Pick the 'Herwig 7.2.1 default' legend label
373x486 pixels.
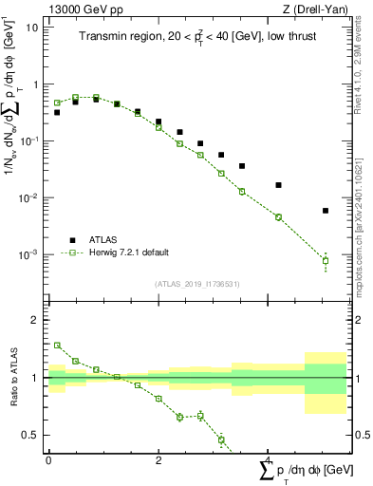click(x=129, y=252)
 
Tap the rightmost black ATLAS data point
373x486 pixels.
click(x=326, y=211)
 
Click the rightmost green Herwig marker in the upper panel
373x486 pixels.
click(x=326, y=261)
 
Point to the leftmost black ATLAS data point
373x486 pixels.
click(x=57, y=112)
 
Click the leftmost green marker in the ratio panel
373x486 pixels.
click(x=57, y=346)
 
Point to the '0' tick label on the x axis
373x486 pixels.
click(x=48, y=459)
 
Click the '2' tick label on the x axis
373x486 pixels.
click(x=158, y=459)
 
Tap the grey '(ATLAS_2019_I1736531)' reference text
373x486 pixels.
click(x=197, y=283)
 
